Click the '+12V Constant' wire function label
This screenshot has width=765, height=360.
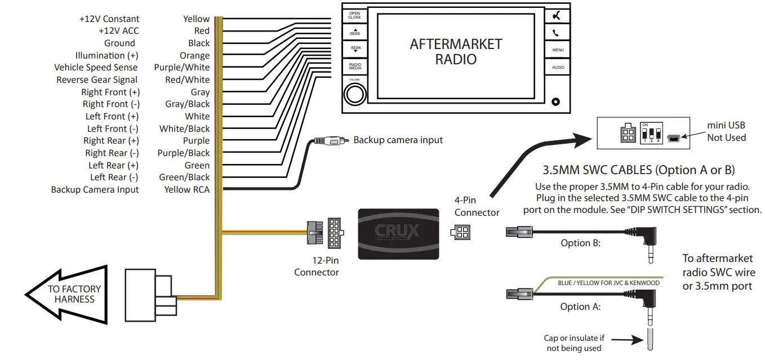[x=109, y=19]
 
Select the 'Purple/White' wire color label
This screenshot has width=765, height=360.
[x=181, y=68]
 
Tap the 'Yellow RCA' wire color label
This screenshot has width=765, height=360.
[x=186, y=190]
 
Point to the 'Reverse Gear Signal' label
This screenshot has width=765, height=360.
[x=97, y=80]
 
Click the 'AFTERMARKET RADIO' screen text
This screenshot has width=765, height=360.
[x=455, y=51]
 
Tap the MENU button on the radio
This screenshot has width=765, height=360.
[x=557, y=50]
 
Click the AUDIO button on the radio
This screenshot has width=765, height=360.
[x=557, y=68]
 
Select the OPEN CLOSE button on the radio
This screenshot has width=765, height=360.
[x=354, y=15]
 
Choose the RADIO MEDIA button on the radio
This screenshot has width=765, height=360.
[x=354, y=66]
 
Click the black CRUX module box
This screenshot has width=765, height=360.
[x=398, y=233]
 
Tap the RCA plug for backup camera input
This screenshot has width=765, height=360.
[x=330, y=140]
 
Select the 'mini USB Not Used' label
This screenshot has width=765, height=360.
[x=726, y=132]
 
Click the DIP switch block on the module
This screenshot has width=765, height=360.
[x=650, y=135]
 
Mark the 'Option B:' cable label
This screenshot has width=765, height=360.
[x=580, y=243]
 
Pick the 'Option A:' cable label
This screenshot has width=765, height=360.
[x=580, y=307]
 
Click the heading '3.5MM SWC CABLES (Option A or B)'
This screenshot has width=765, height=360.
[x=638, y=170]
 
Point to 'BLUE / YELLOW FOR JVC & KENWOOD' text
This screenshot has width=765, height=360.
[x=608, y=283]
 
